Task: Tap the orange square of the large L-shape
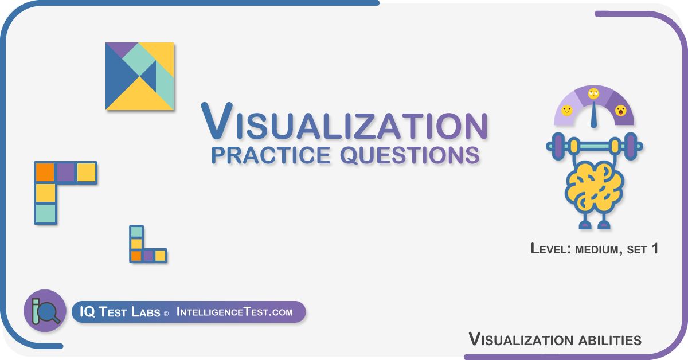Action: point(45,173)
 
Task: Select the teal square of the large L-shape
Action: point(46,213)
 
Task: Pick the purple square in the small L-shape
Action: point(148,256)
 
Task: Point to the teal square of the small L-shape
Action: point(136,232)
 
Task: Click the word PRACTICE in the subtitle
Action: point(271,155)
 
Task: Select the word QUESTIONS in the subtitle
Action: point(410,155)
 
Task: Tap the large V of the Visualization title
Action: point(217,120)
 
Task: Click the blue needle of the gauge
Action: point(594,115)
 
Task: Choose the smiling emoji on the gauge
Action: point(566,111)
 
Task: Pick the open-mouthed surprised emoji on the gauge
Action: point(621,111)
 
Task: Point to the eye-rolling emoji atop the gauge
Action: point(593,93)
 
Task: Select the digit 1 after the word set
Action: point(655,248)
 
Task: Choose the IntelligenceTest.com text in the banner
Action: point(234,312)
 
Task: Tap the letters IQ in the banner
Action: point(87,312)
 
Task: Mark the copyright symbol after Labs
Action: point(166,314)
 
